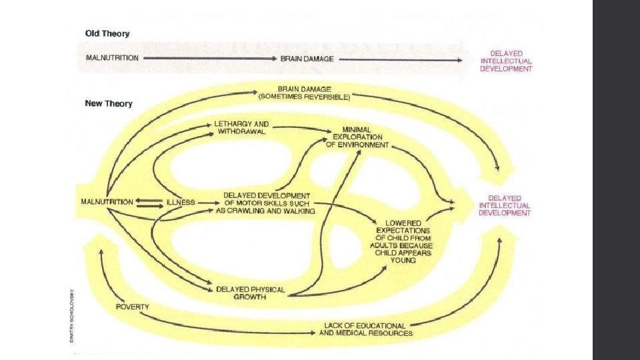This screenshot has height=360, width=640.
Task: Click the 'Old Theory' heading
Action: pos(107,33)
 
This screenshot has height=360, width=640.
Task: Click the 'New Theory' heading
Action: pos(109,104)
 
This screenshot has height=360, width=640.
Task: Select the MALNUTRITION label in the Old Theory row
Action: pos(112,58)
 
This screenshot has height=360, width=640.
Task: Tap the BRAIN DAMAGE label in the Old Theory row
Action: pos(307,59)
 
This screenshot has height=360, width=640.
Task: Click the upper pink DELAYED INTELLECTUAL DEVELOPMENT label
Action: pos(507,61)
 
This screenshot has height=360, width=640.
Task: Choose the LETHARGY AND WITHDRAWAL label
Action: pos(241,127)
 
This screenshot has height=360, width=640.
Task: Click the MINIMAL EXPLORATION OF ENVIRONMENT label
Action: pos(357,137)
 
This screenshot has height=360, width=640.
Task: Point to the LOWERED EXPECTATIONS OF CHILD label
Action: pos(404,241)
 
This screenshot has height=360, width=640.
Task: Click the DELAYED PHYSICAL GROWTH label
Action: pos(250,293)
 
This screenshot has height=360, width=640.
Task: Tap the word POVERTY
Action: pos(132,307)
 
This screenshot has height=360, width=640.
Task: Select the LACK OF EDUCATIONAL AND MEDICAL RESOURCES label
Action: pos(367,329)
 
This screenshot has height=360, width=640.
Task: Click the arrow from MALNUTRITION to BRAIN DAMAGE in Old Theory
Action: pos(209,59)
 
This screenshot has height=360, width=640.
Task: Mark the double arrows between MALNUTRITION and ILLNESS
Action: pos(149,203)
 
